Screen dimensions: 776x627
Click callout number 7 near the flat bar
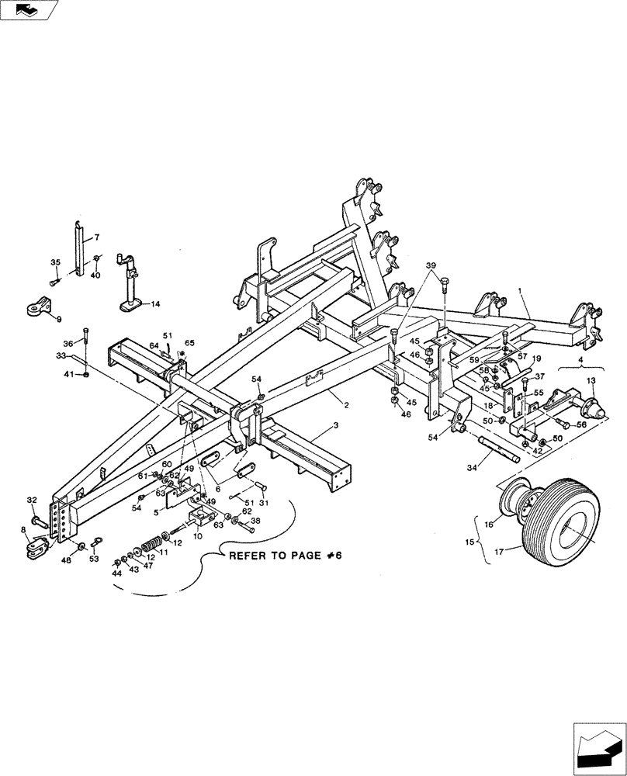97,237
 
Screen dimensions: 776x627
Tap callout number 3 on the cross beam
336,426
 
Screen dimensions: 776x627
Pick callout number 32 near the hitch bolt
32,500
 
